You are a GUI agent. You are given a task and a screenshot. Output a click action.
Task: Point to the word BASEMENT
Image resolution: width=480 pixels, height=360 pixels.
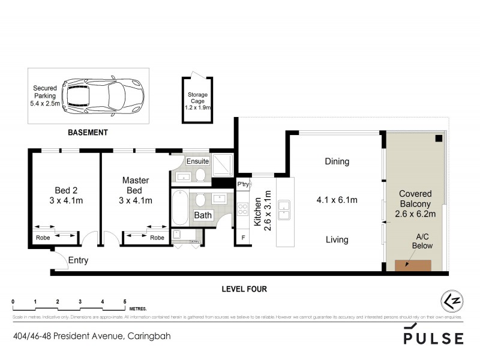click(x=87, y=133)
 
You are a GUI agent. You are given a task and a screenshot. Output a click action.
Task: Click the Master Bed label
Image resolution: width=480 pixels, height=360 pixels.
click(x=135, y=190)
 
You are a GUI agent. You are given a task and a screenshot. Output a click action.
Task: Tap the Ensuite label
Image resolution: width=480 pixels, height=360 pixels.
click(x=197, y=161)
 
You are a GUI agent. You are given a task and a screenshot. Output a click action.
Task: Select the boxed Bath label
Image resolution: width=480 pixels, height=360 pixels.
click(x=203, y=215)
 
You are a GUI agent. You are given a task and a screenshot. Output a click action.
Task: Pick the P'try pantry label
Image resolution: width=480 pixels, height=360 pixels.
click(x=243, y=184)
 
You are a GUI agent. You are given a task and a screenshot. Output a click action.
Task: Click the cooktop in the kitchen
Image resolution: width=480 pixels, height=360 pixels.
click(x=244, y=209)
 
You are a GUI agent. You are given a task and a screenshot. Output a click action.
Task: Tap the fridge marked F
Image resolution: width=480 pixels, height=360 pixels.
click(x=243, y=238)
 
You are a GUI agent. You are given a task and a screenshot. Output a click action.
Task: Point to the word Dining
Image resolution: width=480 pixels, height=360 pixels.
click(x=337, y=161)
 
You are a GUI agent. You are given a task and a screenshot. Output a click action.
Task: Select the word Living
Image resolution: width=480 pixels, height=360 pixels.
click(x=337, y=240)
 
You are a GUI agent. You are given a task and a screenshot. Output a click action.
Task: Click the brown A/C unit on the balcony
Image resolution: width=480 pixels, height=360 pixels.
click(x=413, y=265)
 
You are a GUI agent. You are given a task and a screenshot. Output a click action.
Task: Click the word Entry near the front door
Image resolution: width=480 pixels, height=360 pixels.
click(x=79, y=260)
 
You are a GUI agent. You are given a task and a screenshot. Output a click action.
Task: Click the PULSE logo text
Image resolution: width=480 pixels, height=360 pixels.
click(x=433, y=338)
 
